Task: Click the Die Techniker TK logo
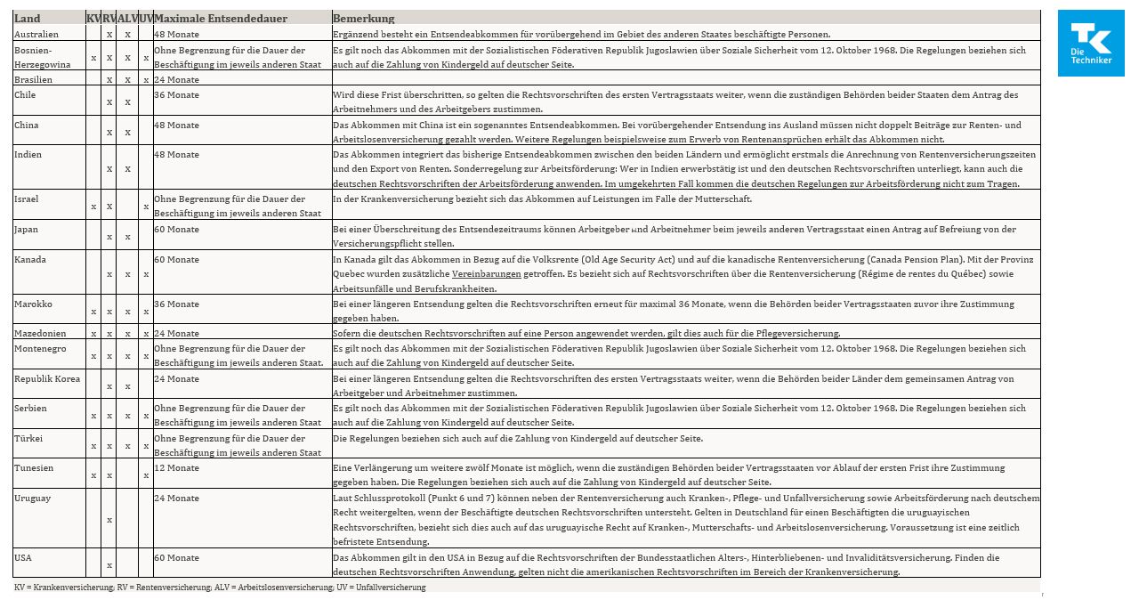[1090, 43]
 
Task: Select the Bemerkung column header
[363, 19]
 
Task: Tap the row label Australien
[36, 34]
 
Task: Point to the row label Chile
[26, 94]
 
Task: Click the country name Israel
[27, 199]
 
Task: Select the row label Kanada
[29, 259]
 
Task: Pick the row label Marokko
[33, 304]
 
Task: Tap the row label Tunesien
[34, 467]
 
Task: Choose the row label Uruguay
[33, 498]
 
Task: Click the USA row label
[23, 557]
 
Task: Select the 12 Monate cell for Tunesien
[177, 467]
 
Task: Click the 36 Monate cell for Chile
[177, 94]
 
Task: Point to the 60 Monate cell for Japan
[177, 229]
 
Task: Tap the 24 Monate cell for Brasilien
[177, 79]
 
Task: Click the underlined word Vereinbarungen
[486, 274]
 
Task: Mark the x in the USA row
[109, 564]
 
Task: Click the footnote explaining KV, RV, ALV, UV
[220, 588]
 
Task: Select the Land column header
[28, 19]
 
